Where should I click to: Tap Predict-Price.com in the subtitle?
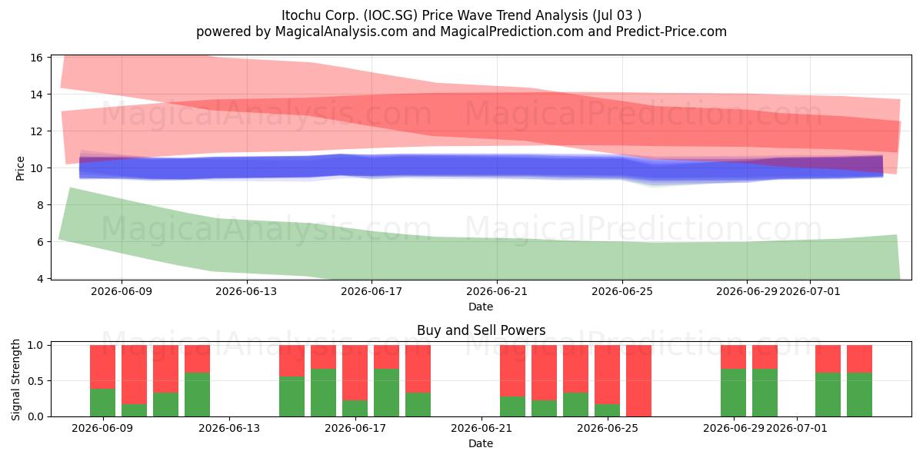(671, 32)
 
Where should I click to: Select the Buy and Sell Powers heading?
(481, 330)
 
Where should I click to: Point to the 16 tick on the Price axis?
(36, 58)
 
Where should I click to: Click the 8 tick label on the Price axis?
(39, 205)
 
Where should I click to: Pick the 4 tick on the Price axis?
(39, 279)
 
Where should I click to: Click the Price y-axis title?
(20, 168)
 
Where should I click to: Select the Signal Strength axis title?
(15, 380)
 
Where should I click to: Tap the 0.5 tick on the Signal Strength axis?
(35, 381)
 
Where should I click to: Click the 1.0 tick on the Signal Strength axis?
(35, 345)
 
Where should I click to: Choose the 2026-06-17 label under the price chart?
(372, 291)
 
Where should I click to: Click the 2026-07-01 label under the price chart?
(810, 291)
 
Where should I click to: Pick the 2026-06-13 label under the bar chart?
(229, 428)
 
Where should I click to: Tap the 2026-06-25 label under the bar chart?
(608, 428)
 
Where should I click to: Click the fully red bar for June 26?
(638, 381)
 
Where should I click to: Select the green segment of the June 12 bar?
(197, 394)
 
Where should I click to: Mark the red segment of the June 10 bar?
(134, 375)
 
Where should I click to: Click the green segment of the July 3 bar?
(860, 394)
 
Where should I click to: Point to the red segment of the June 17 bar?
(355, 373)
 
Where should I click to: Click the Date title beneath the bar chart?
(481, 443)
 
